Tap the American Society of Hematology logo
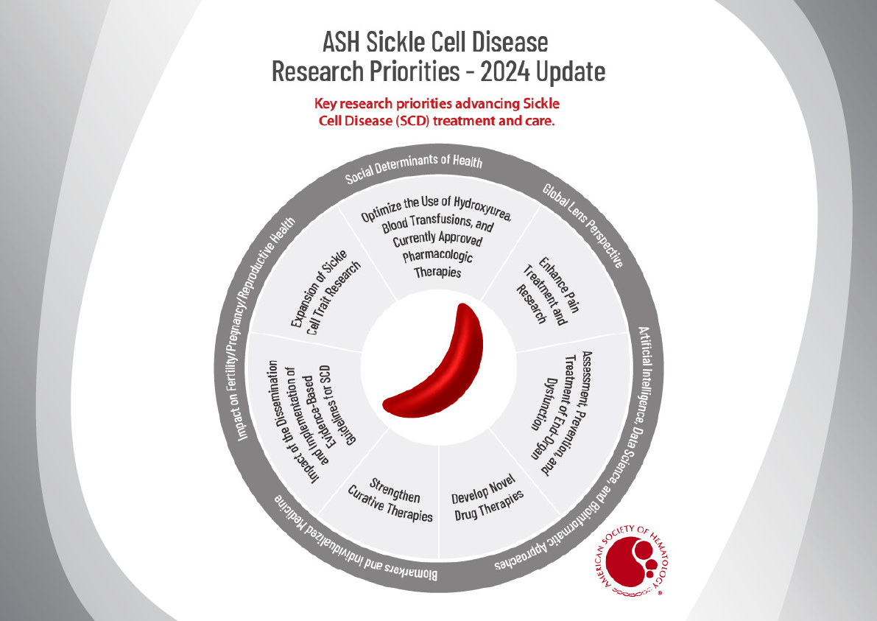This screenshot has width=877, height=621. (633, 561)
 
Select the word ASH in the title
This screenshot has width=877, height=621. (342, 42)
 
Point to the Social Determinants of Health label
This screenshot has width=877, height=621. (413, 167)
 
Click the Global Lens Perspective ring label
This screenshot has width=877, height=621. (582, 225)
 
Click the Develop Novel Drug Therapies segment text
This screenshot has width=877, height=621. (487, 497)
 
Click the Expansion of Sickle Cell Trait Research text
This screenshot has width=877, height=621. (325, 292)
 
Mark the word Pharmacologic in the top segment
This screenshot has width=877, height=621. (438, 256)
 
